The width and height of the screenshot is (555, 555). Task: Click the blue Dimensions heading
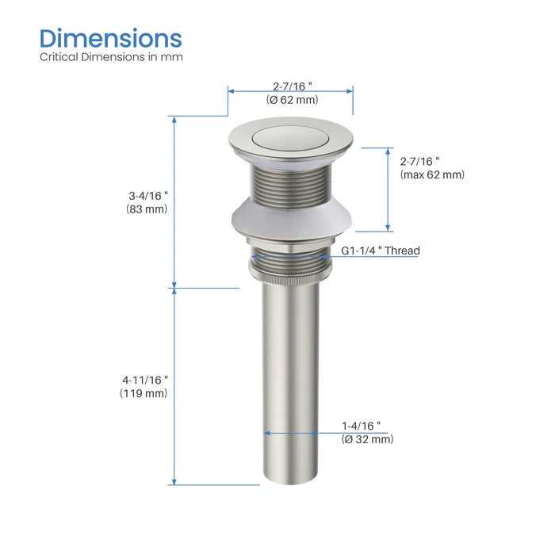click(x=111, y=38)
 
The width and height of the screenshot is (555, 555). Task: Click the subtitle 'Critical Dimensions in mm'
click(x=111, y=57)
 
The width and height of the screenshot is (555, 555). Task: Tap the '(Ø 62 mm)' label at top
click(x=293, y=100)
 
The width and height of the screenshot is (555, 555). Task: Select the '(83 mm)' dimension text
click(x=147, y=209)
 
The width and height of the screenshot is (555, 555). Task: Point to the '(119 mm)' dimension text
click(x=144, y=393)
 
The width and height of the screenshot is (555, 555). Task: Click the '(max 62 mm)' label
click(x=432, y=174)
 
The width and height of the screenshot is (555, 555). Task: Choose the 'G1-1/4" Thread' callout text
click(x=381, y=251)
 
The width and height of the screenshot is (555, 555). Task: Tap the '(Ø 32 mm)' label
click(x=367, y=439)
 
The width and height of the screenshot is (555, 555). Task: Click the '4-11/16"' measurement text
click(x=145, y=380)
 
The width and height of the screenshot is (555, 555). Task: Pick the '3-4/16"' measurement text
click(x=148, y=196)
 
